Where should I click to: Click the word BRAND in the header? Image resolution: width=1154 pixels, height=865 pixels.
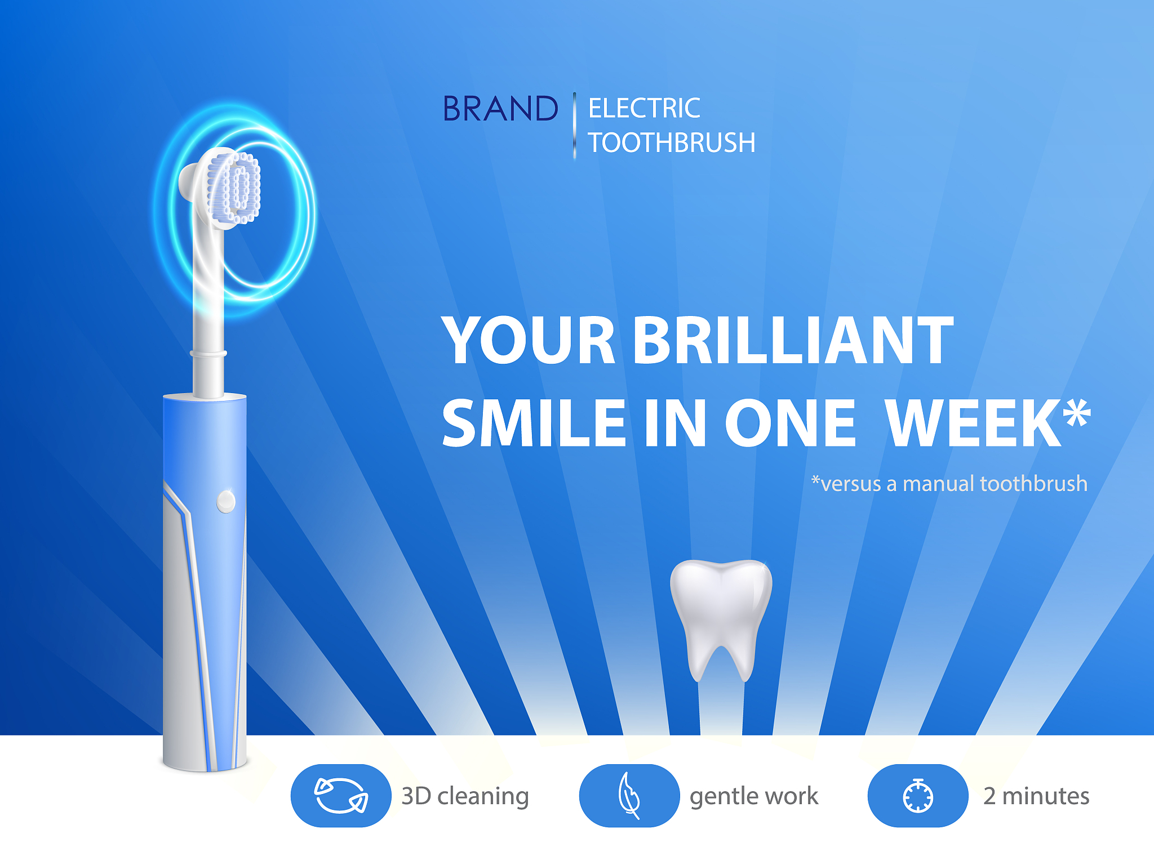tap(500, 109)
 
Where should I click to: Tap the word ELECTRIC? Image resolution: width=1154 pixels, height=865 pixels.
tap(644, 109)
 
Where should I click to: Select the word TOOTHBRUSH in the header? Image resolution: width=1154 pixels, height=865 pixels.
tap(672, 143)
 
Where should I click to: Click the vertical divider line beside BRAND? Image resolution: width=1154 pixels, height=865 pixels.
tap(574, 126)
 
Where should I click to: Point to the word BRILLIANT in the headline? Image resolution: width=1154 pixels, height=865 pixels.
tap(793, 340)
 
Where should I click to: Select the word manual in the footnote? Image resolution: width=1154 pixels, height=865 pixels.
tap(938, 484)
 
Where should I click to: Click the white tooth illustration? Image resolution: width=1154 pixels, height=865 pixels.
tap(721, 614)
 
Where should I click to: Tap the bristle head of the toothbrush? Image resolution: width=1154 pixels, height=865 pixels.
tap(234, 187)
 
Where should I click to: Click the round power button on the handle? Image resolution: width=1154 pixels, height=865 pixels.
tap(226, 501)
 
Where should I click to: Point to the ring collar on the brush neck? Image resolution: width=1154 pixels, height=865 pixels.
tap(208, 354)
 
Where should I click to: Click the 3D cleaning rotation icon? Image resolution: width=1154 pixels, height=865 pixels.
tap(341, 795)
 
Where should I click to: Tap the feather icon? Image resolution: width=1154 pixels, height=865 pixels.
tap(629, 795)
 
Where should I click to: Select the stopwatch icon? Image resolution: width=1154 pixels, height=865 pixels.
tap(918, 795)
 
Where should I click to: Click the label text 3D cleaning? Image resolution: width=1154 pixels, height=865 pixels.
tap(465, 796)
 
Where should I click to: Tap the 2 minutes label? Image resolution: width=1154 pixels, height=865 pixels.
tap(1036, 796)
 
